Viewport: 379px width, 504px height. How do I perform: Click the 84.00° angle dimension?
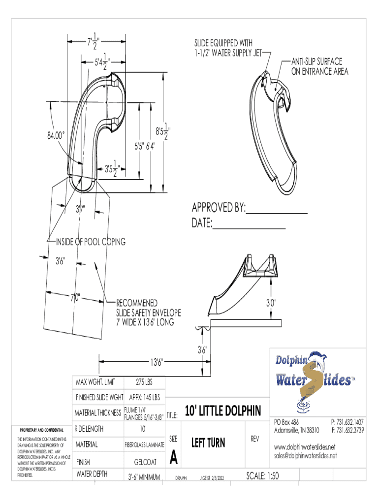56,135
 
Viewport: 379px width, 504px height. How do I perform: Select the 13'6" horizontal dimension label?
157,362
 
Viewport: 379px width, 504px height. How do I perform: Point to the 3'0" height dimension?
271,303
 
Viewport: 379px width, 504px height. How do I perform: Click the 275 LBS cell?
144,382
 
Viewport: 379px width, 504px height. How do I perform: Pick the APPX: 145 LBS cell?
144,397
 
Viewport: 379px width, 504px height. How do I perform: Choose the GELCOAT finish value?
145,462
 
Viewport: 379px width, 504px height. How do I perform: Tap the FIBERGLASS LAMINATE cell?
144,444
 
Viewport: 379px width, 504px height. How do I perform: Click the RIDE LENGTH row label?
89,429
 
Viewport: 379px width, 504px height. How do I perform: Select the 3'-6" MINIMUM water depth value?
144,476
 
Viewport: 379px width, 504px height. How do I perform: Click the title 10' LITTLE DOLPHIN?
223,411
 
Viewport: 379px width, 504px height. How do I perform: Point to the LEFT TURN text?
208,442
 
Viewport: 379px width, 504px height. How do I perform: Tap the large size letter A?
174,457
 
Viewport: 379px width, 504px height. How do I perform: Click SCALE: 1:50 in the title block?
262,476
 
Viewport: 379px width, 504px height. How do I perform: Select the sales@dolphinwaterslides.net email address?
305,455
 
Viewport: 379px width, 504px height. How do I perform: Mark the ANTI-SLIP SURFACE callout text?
320,66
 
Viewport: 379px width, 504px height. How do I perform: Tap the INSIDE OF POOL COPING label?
91,242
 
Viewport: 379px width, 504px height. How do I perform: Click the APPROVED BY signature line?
277,213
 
